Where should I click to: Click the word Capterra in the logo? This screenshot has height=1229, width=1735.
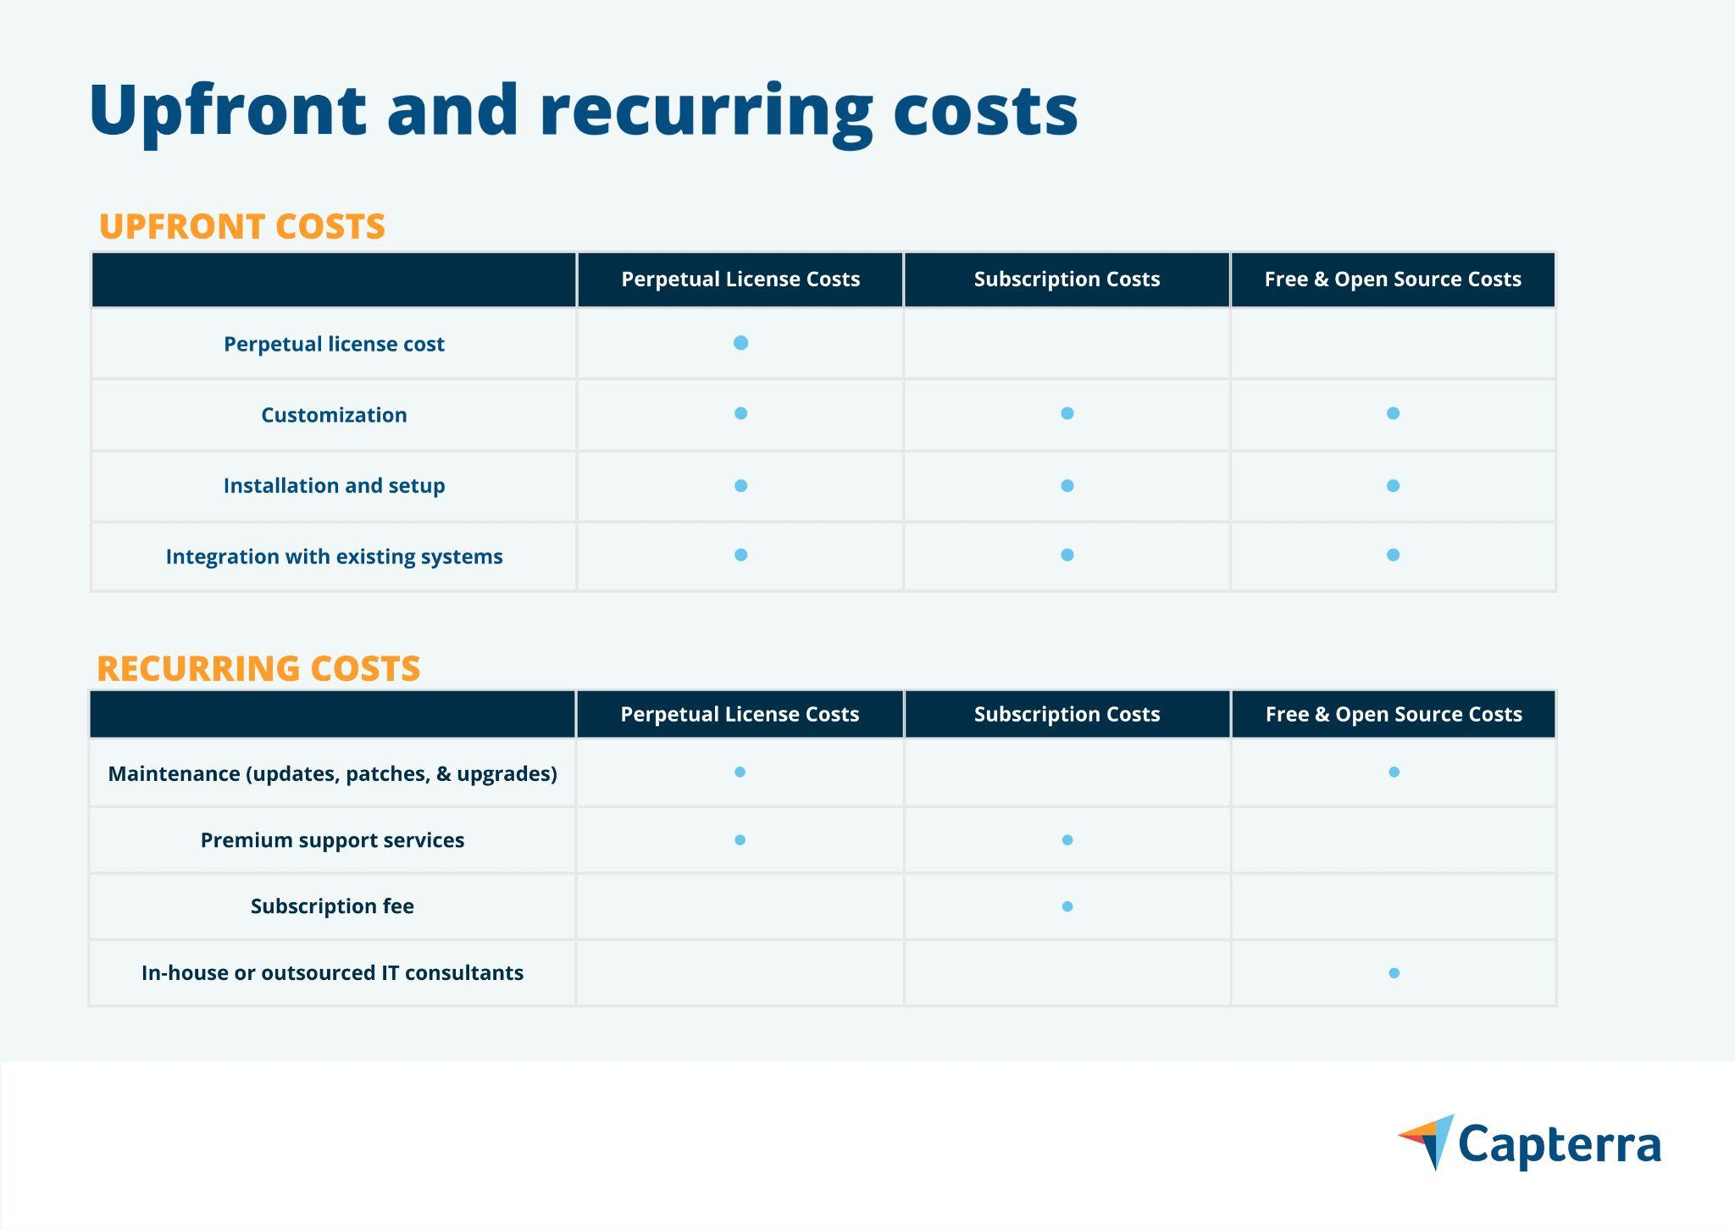tap(1560, 1146)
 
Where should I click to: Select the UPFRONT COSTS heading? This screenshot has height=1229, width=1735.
tap(242, 226)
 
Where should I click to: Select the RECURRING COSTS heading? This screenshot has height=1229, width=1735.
tap(258, 668)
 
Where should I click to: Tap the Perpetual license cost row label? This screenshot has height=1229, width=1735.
tap(334, 344)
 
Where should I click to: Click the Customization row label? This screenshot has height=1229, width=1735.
tap(334, 415)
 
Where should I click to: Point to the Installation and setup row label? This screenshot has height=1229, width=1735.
tap(334, 485)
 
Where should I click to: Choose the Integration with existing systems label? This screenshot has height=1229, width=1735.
tap(334, 556)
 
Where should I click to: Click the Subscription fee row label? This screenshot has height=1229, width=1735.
tap(332, 906)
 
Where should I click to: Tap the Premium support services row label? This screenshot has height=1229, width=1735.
tap(332, 840)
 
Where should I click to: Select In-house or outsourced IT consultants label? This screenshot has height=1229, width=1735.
tap(332, 972)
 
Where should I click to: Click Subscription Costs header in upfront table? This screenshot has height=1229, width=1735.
tap(1067, 280)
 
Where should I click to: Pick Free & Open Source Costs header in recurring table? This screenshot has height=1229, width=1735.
tap(1394, 714)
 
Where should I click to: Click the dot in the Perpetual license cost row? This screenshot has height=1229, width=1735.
tap(740, 343)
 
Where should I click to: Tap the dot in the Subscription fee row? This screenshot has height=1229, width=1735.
tap(1067, 906)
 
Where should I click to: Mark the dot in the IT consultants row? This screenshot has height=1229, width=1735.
tap(1394, 973)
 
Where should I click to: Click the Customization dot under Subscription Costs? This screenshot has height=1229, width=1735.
tap(1067, 413)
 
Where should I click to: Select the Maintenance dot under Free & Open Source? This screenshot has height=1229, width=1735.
tap(1394, 772)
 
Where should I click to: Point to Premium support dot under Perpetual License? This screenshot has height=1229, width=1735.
tap(740, 840)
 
